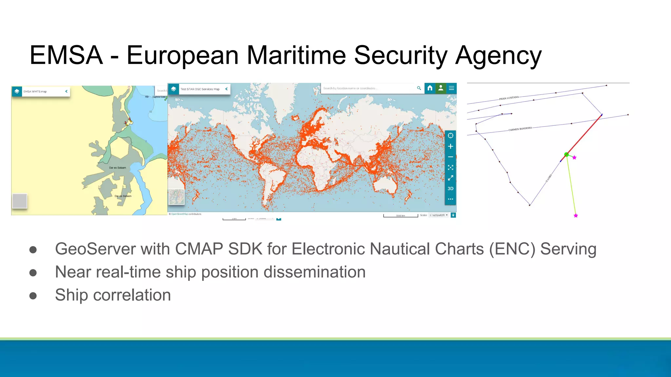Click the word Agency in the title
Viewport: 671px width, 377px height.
[x=498, y=56]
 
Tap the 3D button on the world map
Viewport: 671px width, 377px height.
[x=451, y=188]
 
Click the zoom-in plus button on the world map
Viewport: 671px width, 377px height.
[x=451, y=146]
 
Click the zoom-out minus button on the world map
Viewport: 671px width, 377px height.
[x=451, y=157]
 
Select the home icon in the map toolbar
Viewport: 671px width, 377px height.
[x=430, y=88]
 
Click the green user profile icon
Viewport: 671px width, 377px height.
[x=441, y=88]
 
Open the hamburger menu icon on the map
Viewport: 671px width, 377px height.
[x=451, y=88]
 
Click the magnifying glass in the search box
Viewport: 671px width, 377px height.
[x=419, y=88]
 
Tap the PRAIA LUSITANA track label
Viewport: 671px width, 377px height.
[x=509, y=98]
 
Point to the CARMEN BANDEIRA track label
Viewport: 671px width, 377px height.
[x=520, y=129]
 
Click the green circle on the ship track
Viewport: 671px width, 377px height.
[x=566, y=154]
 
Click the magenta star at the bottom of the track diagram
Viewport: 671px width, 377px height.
[x=576, y=216]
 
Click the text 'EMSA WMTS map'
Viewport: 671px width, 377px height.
[x=35, y=92]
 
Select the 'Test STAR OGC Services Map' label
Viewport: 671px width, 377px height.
[x=200, y=89]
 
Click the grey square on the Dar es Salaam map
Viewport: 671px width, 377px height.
[x=20, y=201]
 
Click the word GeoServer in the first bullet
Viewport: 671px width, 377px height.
[x=95, y=249]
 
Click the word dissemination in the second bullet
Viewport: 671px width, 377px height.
[x=315, y=272]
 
